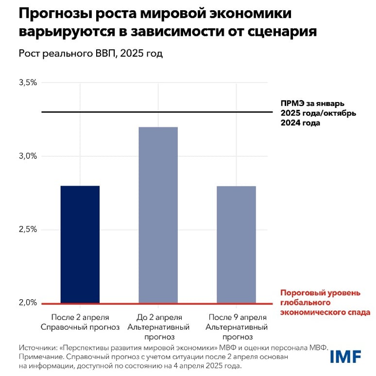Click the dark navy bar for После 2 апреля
pyautogui.click(x=80, y=244)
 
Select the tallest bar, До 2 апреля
pyautogui.click(x=158, y=215)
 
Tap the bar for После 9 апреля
pyautogui.click(x=236, y=244)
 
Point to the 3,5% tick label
pyautogui.click(x=28, y=83)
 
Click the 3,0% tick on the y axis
pyautogui.click(x=28, y=156)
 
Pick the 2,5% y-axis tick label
pyautogui.click(x=28, y=229)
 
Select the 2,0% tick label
pyautogui.click(x=28, y=303)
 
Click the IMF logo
pyautogui.click(x=345, y=357)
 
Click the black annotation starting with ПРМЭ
pyautogui.click(x=319, y=113)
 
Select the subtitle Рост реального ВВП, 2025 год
pyautogui.click(x=91, y=53)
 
